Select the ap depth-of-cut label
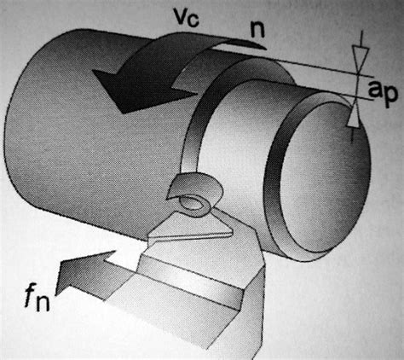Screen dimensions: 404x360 pos(383,92)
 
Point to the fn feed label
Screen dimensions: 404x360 pos(38,298)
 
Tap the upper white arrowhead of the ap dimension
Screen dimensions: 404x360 pos(361,58)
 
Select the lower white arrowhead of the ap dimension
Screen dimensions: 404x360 pos(353,117)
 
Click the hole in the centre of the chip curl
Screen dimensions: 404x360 pos(193,204)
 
